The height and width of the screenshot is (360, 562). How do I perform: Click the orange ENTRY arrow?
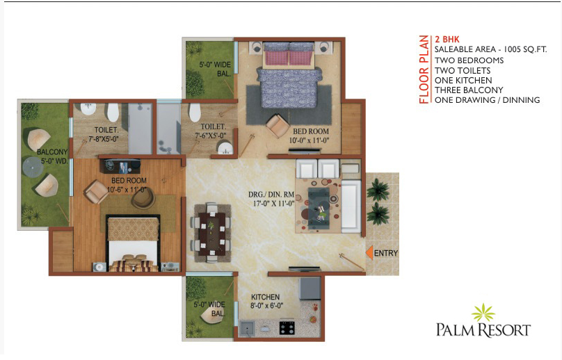(x=369, y=252)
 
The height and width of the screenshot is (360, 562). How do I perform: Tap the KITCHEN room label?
(x=265, y=297)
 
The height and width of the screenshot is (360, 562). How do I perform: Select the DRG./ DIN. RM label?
(x=271, y=195)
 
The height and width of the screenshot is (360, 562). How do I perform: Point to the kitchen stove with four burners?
(x=287, y=328)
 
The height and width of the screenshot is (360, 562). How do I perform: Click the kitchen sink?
(x=247, y=328)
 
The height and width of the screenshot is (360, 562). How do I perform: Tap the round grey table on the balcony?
(x=33, y=167)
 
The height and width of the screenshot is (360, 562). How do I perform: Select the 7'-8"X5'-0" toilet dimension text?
(x=103, y=138)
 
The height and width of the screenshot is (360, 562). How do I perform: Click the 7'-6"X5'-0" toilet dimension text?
(x=210, y=136)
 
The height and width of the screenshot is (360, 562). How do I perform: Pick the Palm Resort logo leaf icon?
(x=483, y=312)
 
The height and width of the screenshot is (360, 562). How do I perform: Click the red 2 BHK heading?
(x=447, y=40)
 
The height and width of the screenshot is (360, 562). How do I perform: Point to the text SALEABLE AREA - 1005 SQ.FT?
(x=490, y=49)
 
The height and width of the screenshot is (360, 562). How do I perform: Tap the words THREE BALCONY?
(x=469, y=90)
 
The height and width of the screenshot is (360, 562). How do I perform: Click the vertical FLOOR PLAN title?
(x=424, y=69)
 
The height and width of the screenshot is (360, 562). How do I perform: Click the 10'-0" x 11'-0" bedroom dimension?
(x=309, y=140)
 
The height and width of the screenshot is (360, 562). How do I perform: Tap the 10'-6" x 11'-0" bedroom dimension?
(x=127, y=189)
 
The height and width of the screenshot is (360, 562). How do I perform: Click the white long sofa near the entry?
(x=351, y=206)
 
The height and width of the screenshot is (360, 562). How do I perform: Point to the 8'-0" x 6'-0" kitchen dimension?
(x=266, y=306)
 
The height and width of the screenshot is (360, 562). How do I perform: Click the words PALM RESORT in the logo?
(x=483, y=330)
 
